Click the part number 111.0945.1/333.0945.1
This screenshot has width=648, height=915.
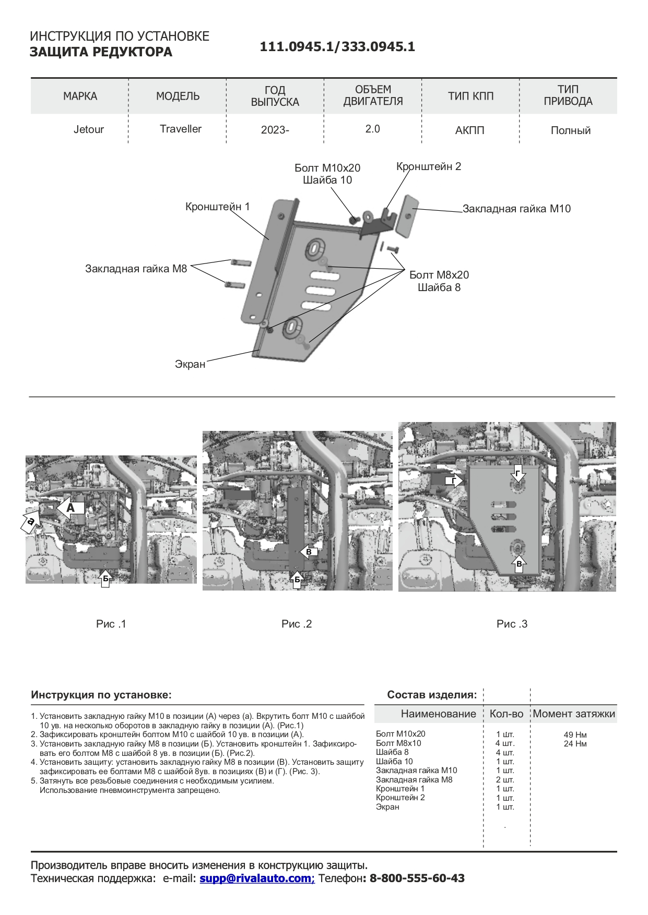[x=337, y=47]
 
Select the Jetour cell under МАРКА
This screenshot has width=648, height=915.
[x=89, y=129]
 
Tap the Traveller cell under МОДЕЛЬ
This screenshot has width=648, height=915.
[x=181, y=129]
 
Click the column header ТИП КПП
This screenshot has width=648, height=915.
[x=470, y=96]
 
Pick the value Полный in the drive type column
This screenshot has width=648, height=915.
[x=571, y=130]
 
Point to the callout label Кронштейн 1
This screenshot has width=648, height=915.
[x=217, y=207]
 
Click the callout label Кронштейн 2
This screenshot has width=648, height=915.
[x=429, y=166]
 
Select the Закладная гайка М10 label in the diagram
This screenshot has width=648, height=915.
[x=516, y=209]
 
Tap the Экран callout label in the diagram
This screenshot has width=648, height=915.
[x=190, y=364]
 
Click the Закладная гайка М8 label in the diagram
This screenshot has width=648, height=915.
[x=136, y=269]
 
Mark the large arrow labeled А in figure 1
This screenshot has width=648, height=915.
[x=71, y=508]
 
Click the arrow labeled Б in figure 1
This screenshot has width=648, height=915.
[x=105, y=578]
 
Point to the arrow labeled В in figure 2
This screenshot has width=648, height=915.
[x=308, y=551]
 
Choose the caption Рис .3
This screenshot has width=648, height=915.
[x=512, y=624]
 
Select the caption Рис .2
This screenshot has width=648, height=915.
[x=296, y=624]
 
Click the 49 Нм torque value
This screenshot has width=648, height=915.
[x=575, y=735]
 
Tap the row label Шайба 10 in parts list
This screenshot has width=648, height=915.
[x=394, y=761]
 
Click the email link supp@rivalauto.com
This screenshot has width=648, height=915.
[x=257, y=878]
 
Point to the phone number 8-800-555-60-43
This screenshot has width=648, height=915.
[x=417, y=878]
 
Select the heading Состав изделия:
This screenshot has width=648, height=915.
[x=432, y=695]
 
